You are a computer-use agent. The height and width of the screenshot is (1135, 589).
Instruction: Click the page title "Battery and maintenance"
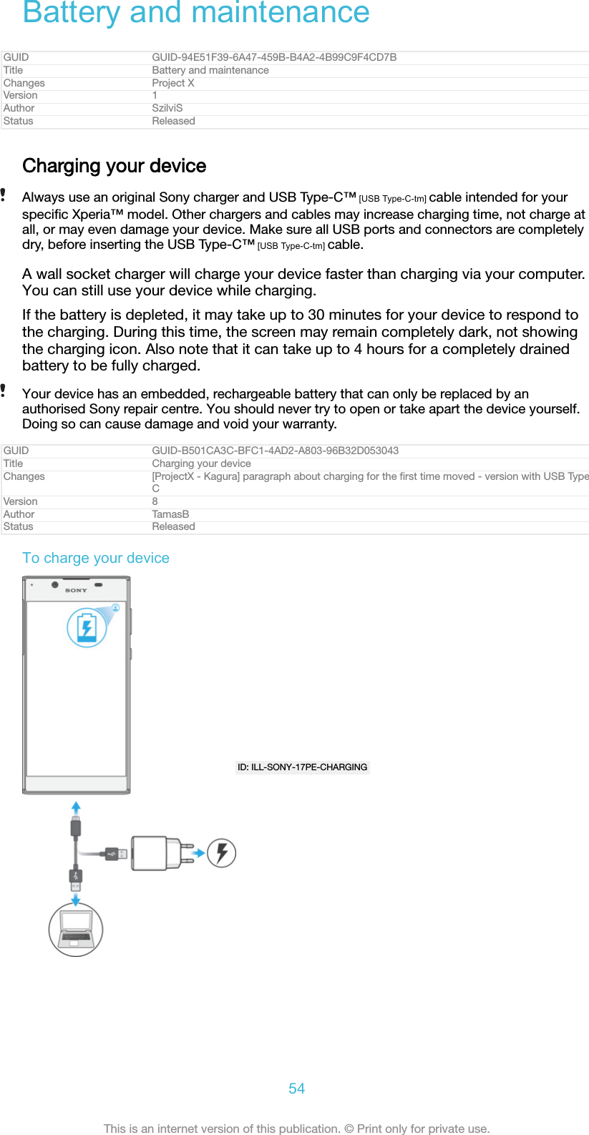pos(196,13)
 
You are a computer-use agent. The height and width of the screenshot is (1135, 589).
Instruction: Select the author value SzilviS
pos(167,108)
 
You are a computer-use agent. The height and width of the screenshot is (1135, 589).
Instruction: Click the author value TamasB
pos(170,514)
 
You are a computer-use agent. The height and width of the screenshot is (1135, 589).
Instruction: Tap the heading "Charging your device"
pos(115,166)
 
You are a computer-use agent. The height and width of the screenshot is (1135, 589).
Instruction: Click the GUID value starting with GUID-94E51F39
pos(274,57)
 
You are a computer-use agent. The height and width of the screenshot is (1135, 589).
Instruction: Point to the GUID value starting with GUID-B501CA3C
pos(275,451)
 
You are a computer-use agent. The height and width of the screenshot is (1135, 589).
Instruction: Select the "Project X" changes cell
pos(173,83)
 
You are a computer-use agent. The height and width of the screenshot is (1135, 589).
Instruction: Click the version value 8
pos(155,501)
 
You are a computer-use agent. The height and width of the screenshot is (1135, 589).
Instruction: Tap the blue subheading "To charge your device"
pos(96,558)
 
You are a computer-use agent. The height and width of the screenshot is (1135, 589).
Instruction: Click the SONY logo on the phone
pos(76,590)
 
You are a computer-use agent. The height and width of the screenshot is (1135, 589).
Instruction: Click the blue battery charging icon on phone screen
pos(87,628)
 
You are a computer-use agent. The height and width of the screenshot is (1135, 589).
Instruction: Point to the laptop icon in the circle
pos(76,929)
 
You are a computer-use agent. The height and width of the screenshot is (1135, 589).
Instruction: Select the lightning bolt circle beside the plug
pos(222,853)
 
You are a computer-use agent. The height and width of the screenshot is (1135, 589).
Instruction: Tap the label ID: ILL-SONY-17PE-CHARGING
pos(302,767)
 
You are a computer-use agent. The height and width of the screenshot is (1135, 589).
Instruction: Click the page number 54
pos(296,1089)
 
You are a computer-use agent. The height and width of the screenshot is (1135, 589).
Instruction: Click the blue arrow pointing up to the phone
pos(76,808)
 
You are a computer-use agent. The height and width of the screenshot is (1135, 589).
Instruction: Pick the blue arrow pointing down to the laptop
pos(76,898)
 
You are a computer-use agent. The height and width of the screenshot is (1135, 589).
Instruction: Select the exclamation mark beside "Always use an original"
pos(4,195)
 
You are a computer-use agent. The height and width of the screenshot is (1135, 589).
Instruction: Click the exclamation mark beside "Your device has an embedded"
pos(4,390)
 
